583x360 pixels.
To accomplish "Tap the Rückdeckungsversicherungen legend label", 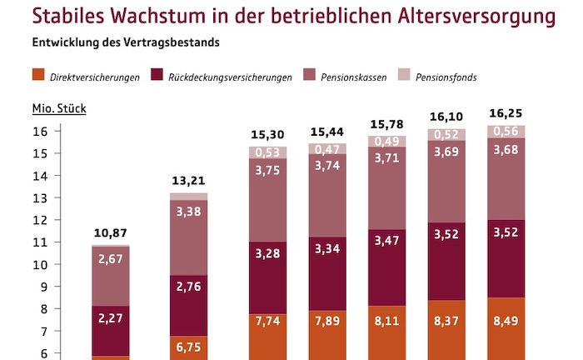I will pos(230,77).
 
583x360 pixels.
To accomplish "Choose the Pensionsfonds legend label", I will pos(471,77).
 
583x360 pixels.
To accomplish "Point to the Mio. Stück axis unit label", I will pos(58,108).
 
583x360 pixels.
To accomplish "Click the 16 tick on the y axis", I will pos(39,132).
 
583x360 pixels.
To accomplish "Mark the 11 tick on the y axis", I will pos(39,242).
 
